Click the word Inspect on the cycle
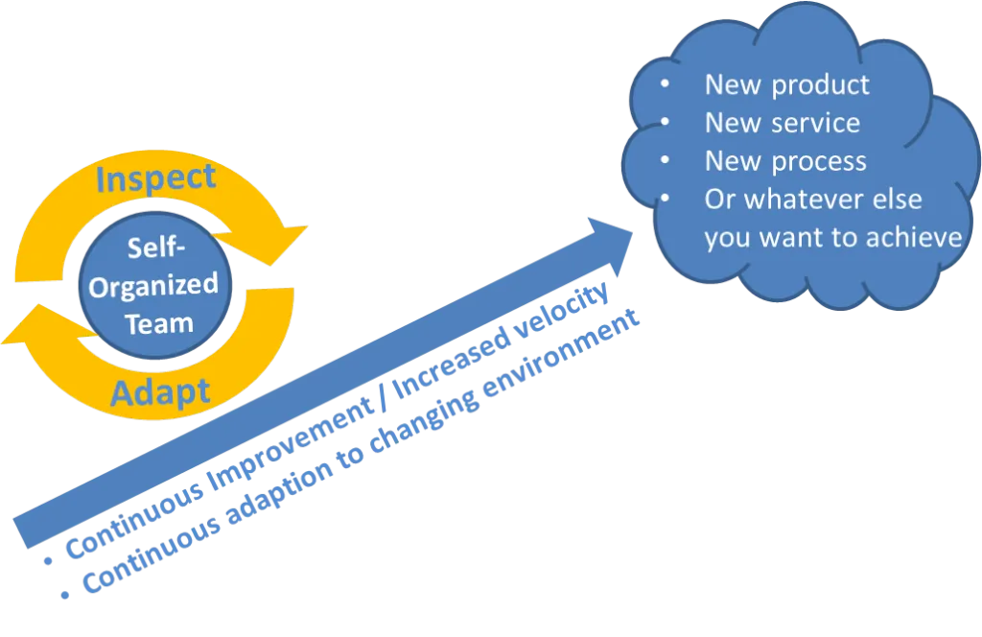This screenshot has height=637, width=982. pos(156,178)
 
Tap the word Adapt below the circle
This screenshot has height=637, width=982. pos(160,391)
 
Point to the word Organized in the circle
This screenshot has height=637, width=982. pos(154,286)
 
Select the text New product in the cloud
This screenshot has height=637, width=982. pos(786,84)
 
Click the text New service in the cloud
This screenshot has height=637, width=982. pos(782,123)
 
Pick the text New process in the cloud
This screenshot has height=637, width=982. pos(785,161)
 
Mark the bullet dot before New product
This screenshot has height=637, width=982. pos(665,83)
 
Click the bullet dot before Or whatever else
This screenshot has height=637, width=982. pos(665,199)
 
